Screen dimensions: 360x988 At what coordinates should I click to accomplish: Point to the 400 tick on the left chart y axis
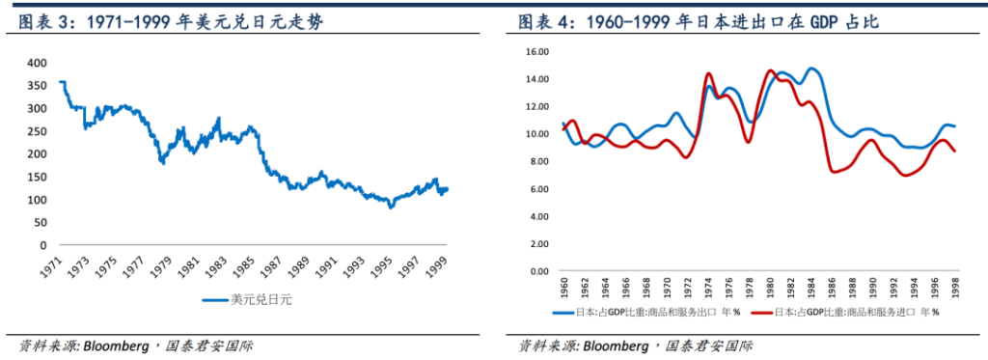coord(36,62)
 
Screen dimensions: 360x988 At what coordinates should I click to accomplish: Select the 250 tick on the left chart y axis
coord(36,130)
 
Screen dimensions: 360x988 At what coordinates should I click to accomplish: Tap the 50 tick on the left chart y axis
coord(39,222)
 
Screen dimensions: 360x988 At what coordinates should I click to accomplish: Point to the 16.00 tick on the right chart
coord(535,51)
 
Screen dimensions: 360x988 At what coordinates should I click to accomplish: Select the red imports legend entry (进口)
coord(854,313)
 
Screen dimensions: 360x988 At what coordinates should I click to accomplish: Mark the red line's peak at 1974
coord(709,73)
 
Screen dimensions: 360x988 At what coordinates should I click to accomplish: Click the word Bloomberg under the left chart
coord(117,345)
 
